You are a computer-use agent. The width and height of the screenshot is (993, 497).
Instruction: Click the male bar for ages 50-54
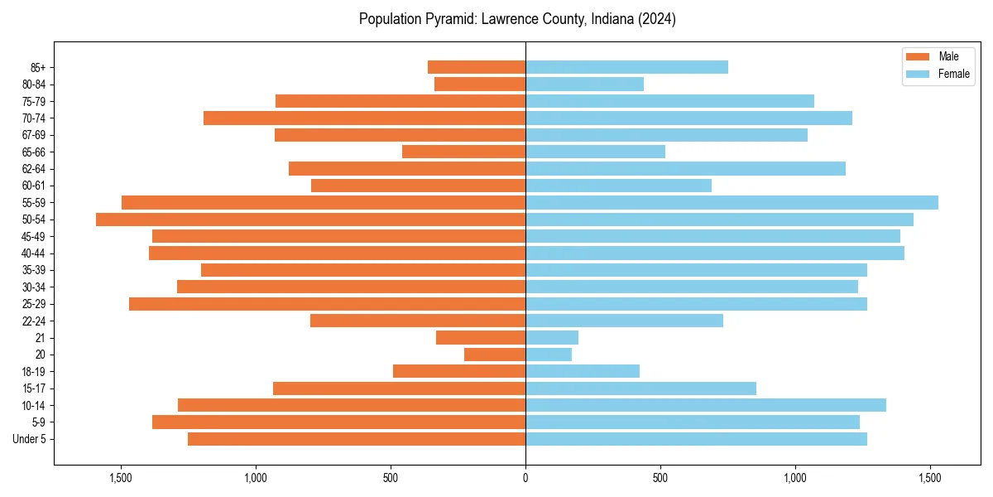[x=310, y=220]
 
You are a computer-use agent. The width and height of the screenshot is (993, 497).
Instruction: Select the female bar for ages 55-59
[x=732, y=202]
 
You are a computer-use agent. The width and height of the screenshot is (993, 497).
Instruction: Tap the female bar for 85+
[x=626, y=67]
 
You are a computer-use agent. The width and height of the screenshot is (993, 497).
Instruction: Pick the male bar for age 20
[x=495, y=355]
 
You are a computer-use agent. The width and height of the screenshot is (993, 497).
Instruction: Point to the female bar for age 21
[x=552, y=338]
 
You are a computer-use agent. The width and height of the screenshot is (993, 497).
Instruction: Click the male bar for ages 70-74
[x=364, y=118]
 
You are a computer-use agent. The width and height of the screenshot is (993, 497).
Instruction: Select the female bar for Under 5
[x=696, y=439]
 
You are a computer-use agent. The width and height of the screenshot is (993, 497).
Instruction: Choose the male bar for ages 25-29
[x=327, y=304]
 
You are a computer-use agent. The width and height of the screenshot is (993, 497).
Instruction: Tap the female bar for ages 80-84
[x=584, y=84]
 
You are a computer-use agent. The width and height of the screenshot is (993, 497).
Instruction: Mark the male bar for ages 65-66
[x=463, y=152]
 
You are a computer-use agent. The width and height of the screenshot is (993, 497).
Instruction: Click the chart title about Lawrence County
[x=517, y=19]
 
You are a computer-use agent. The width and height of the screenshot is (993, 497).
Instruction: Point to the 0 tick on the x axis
[x=525, y=478]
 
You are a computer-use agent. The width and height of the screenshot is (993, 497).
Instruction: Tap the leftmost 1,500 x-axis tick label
[x=121, y=478]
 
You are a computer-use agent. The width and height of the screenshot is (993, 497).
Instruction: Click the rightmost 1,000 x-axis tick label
[x=795, y=478]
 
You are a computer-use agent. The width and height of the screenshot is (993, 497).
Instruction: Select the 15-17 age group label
[x=33, y=388]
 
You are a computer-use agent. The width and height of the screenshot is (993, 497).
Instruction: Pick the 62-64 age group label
[x=33, y=169]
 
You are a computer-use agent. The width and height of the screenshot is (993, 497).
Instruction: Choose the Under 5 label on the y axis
[x=29, y=439]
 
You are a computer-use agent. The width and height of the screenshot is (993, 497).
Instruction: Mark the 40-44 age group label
[x=33, y=253]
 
